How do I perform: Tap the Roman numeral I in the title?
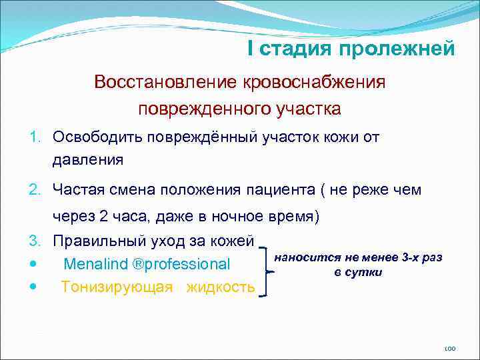tap(250, 48)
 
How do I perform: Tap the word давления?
tap(87, 159)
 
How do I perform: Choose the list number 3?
tap(35, 240)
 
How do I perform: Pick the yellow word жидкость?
tap(221, 287)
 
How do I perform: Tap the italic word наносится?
tap(307, 257)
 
